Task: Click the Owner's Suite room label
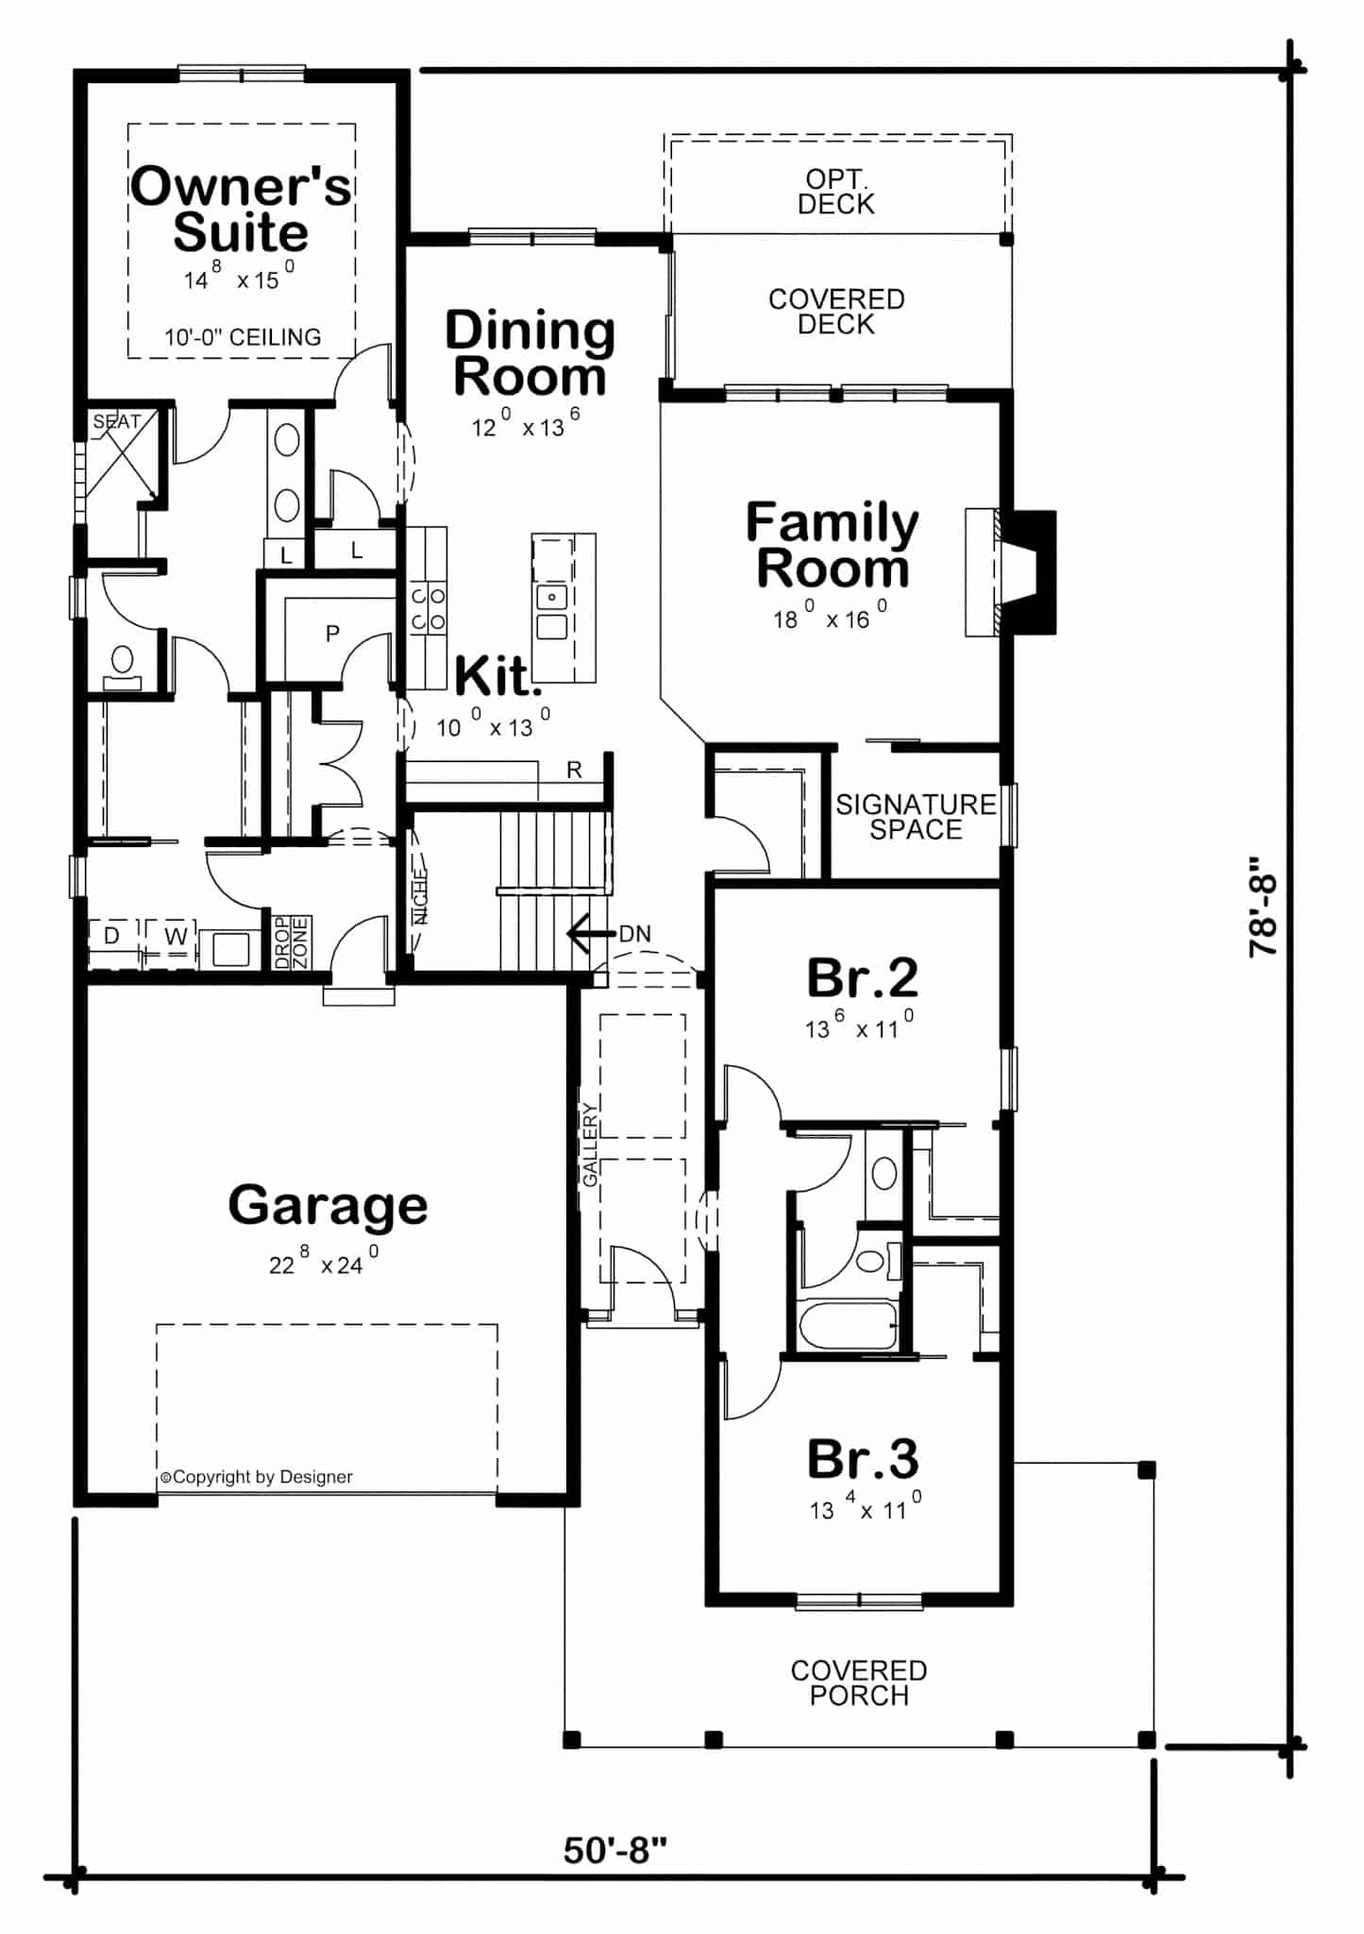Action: point(241,210)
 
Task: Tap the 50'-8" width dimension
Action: point(615,1850)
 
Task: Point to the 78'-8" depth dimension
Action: point(1262,908)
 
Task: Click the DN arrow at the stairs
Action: point(590,934)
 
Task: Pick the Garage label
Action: point(328,1206)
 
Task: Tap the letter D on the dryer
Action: point(111,936)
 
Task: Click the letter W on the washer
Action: point(176,936)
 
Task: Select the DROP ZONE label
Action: point(291,942)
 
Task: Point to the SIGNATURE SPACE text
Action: point(916,817)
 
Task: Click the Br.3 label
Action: point(862,1459)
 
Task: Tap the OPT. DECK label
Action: point(836,192)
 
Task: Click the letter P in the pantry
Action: point(332,634)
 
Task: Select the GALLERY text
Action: point(590,1145)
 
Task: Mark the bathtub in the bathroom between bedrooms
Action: point(848,1325)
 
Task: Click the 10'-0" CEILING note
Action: point(243,337)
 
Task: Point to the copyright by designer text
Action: point(256,1477)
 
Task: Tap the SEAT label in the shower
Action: point(116,422)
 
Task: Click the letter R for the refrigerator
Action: point(574,771)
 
